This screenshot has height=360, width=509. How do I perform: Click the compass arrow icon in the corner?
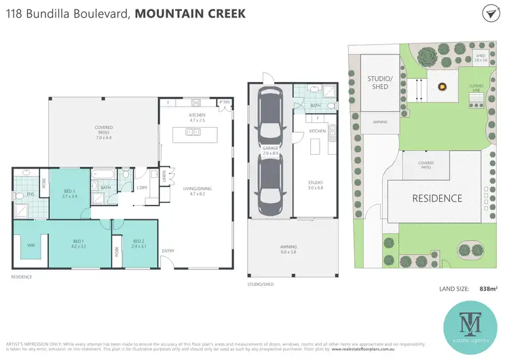pyautogui.click(x=490, y=14)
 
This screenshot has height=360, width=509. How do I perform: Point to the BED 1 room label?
pyautogui.click(x=79, y=244)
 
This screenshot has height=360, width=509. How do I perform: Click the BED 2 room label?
pyautogui.click(x=138, y=244)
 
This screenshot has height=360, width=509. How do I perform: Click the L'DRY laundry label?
pyautogui.click(x=143, y=187)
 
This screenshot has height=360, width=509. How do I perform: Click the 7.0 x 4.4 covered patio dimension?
pyautogui.click(x=103, y=139)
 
